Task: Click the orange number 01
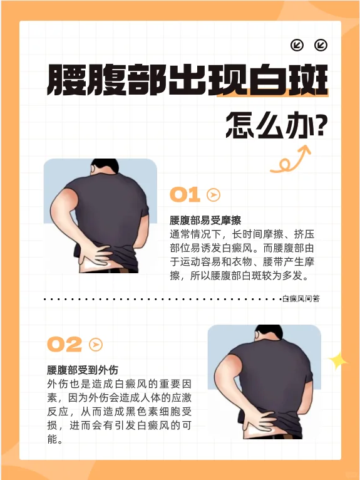pos(185,195)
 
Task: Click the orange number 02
pos(64,345)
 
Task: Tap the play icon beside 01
pos(213,195)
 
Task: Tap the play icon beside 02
pos(96,345)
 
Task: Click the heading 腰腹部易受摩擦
pos(205,220)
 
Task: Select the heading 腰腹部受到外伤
pos(83,370)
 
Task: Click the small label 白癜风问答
pos(301,298)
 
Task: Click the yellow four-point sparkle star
pos(337,362)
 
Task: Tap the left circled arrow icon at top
pos(297,45)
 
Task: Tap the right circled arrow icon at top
pos(321,45)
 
